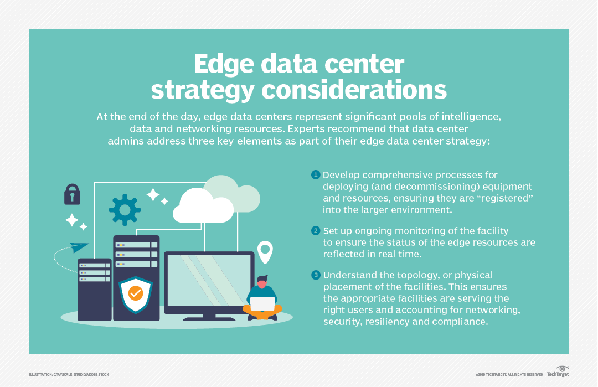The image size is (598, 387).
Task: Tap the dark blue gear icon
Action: [125, 210]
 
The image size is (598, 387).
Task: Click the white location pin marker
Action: [266, 251]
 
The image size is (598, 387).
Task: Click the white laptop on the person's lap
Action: [262, 303]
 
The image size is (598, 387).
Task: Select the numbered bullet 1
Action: [316, 175]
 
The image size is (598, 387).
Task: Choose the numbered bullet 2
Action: [316, 231]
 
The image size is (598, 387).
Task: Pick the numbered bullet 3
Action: [316, 275]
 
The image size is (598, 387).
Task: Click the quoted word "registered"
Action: [502, 198]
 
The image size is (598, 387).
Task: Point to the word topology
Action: [408, 275]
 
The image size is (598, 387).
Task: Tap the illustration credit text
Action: [69, 375]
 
